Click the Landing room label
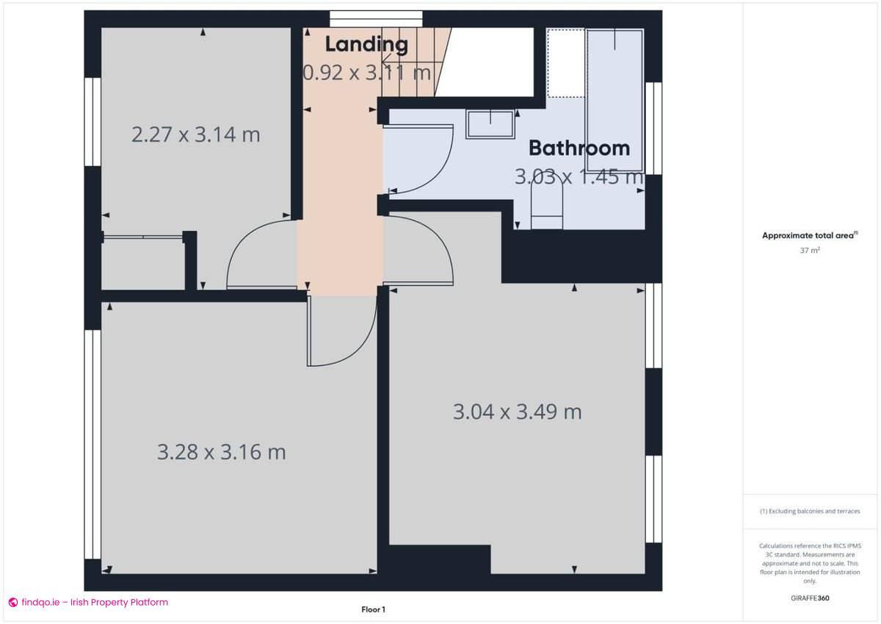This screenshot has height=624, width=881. pos(366,44)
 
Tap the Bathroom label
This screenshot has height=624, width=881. pos(579,148)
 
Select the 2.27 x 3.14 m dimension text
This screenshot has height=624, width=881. pos(195,135)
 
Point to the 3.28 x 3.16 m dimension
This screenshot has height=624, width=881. pos(221,451)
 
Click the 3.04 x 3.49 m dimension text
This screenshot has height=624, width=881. pos(517,412)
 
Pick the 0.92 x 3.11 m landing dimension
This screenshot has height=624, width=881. pos(366,72)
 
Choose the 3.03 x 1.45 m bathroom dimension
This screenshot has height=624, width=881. pos(578,177)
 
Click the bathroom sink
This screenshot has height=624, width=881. pos(490,124)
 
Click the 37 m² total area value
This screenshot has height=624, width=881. pos(810,250)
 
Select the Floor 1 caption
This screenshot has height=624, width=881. pos(373,609)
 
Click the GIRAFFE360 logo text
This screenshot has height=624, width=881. pos(809,598)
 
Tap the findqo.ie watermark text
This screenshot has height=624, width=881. pos(88,603)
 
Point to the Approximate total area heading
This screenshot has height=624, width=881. pos(809,235)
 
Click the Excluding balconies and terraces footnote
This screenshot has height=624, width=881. pos(809,511)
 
